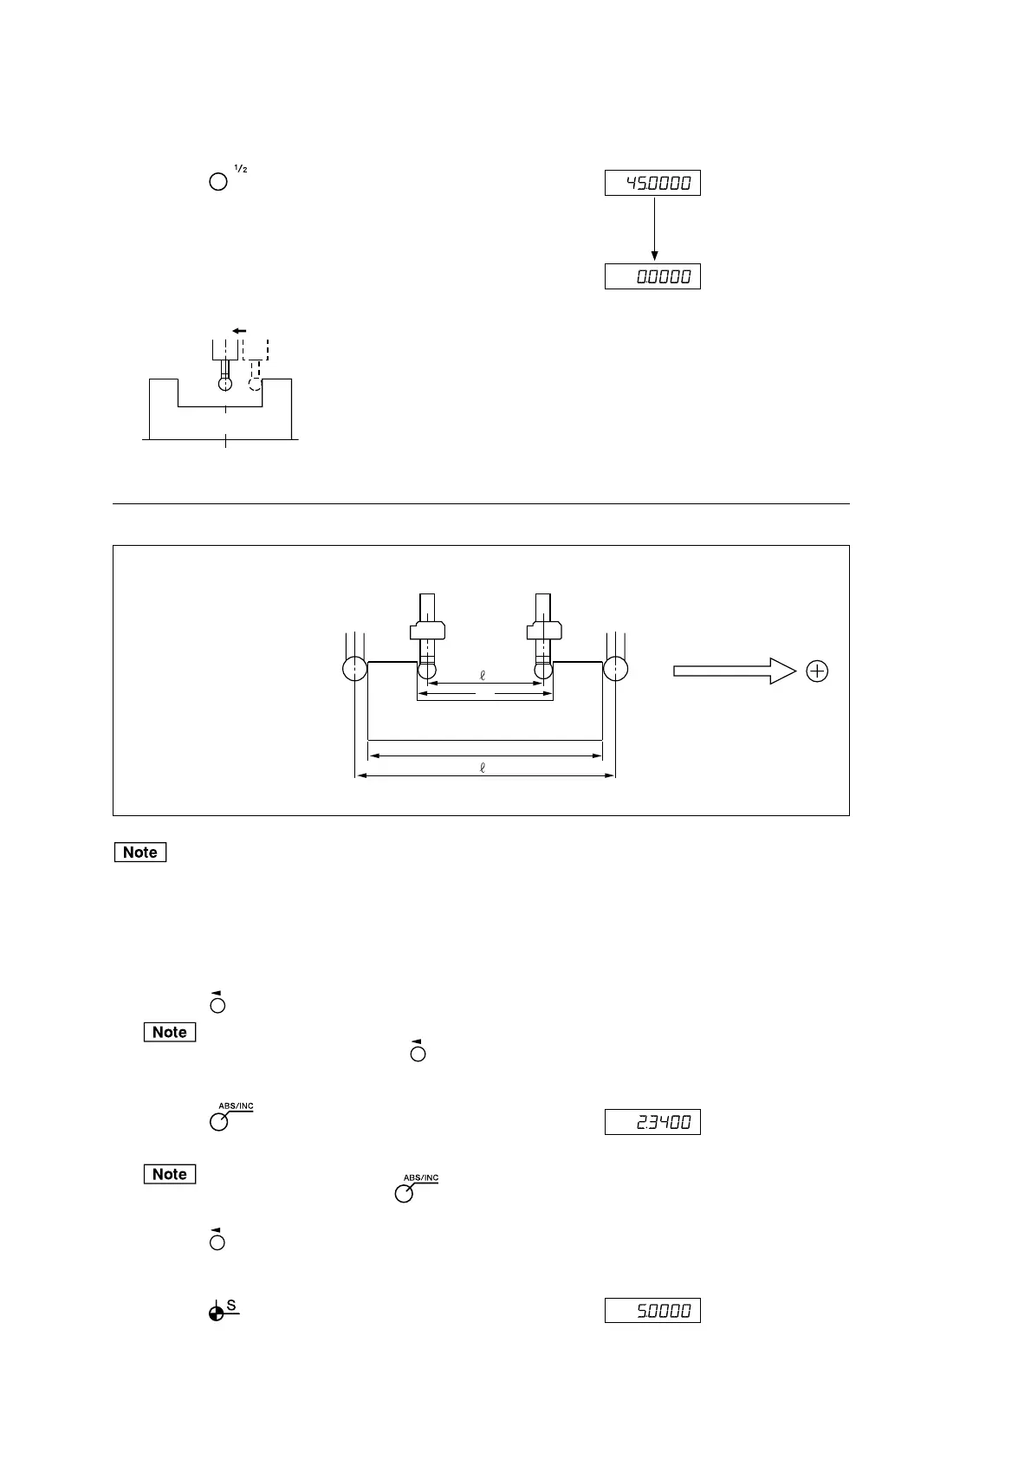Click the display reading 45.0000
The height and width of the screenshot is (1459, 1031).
(x=652, y=183)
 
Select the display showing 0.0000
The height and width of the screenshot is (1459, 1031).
(x=652, y=276)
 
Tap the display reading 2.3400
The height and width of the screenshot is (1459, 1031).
(x=652, y=1122)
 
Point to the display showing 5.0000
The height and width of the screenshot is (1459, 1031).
(x=652, y=1311)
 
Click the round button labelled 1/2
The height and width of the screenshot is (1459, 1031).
(x=218, y=182)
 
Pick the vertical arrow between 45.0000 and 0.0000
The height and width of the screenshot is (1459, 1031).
(x=654, y=229)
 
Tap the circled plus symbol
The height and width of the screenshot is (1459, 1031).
(x=817, y=671)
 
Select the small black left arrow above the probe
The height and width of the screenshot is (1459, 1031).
(x=239, y=330)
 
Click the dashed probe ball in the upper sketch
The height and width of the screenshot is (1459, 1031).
(x=256, y=384)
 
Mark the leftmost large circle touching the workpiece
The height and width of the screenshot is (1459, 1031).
(x=354, y=669)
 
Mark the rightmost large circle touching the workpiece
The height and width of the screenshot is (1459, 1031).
(x=615, y=669)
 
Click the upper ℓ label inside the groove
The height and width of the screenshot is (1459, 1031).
(x=483, y=676)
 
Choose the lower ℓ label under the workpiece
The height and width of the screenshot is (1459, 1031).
(x=483, y=767)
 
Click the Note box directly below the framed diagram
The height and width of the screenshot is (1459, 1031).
(x=140, y=852)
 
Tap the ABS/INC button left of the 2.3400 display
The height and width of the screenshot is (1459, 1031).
(x=218, y=1121)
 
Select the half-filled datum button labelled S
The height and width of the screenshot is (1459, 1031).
(x=217, y=1313)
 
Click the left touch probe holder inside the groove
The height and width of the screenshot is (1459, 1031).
(x=427, y=630)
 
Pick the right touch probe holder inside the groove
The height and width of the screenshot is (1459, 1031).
(x=544, y=630)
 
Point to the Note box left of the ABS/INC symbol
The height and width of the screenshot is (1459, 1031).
(x=170, y=1174)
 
